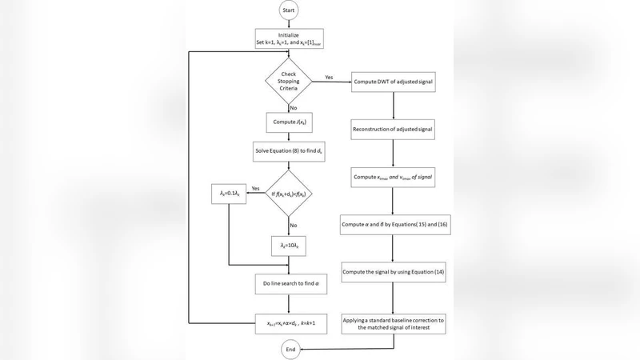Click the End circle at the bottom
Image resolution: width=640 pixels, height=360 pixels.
point(291,349)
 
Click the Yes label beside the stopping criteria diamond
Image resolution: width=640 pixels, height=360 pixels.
point(329,78)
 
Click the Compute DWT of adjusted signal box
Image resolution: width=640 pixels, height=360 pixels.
point(393,82)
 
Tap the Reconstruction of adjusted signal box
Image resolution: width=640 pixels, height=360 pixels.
point(393,128)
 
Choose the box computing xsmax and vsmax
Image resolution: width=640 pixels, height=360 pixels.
point(393,175)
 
